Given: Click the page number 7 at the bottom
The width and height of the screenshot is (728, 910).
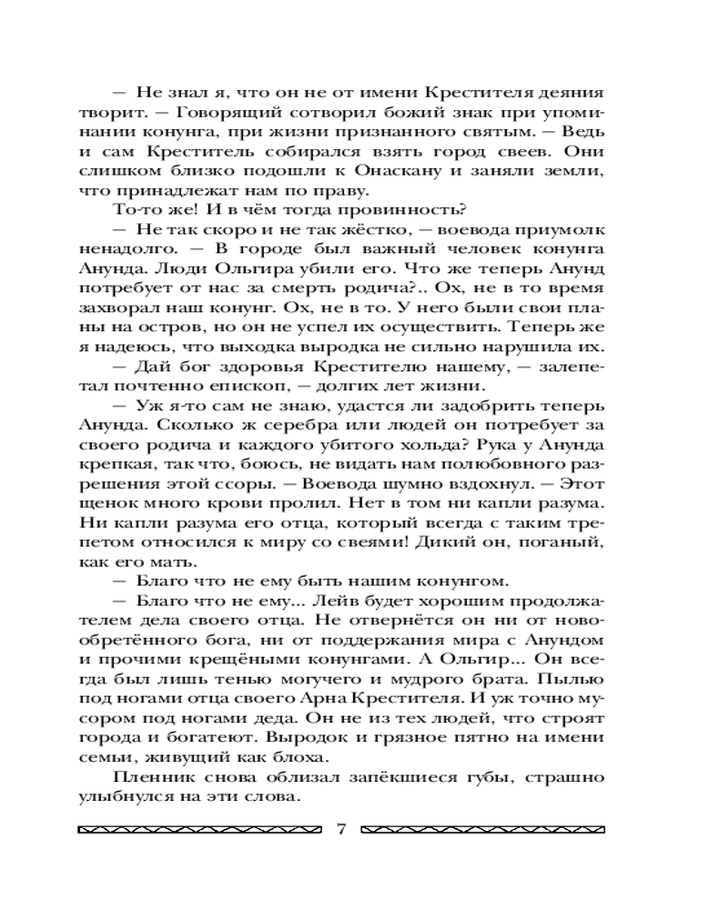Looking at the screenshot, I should [x=342, y=829].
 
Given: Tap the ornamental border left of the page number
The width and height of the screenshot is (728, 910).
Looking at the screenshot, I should [x=199, y=830].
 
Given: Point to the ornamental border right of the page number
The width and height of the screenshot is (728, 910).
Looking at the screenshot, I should [x=483, y=830].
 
